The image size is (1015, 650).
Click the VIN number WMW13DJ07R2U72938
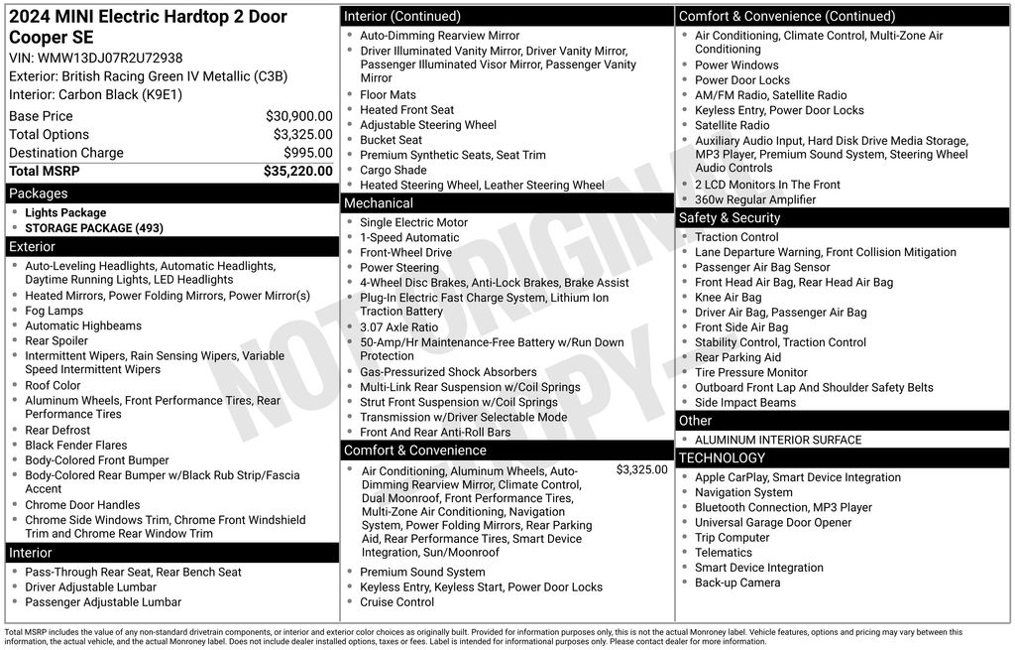click(110, 59)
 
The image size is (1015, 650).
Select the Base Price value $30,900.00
click(298, 116)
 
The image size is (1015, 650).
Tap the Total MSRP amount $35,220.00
click(297, 171)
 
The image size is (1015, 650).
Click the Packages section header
click(39, 194)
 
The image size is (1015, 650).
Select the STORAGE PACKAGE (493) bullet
click(94, 228)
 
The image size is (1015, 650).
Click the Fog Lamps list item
click(55, 311)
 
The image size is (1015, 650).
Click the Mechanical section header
click(379, 203)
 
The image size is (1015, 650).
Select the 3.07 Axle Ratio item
click(398, 327)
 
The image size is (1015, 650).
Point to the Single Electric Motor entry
click(413, 223)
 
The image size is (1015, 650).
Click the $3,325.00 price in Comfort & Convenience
click(641, 469)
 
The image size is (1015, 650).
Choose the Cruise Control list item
click(396, 602)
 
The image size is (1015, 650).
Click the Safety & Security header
click(730, 218)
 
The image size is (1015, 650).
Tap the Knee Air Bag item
click(729, 298)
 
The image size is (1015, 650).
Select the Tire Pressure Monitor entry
click(750, 373)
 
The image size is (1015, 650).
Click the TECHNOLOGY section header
click(722, 458)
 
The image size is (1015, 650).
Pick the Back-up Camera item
click(737, 584)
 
